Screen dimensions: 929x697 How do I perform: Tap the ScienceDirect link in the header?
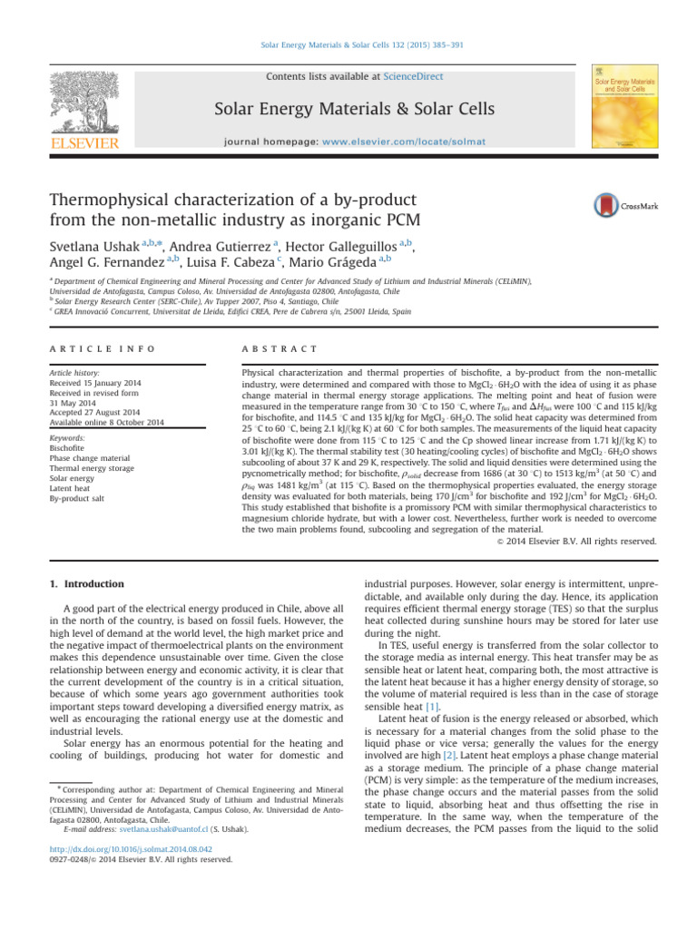[415, 77]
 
